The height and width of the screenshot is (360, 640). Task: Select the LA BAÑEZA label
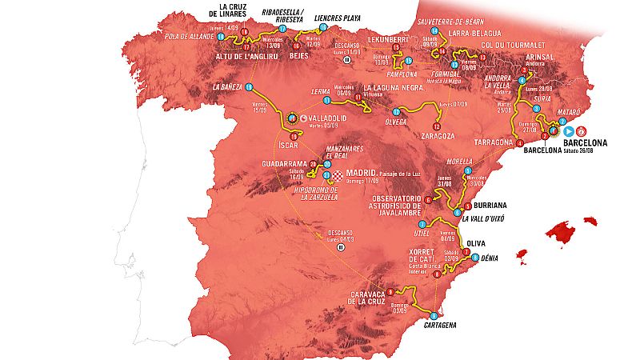point(226,86)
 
